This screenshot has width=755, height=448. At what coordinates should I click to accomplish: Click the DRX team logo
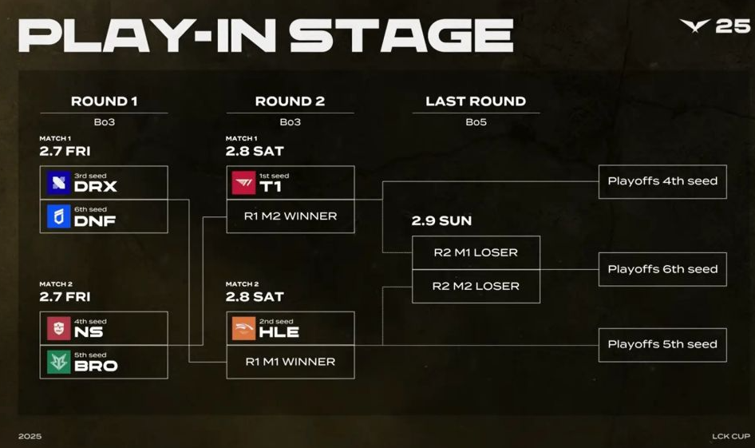tap(59, 183)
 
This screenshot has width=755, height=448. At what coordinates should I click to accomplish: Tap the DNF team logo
tap(59, 216)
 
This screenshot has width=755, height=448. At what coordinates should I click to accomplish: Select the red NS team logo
tap(59, 328)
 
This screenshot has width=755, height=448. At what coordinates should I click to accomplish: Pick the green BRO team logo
tap(59, 363)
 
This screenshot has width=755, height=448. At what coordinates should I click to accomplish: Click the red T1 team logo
tap(243, 183)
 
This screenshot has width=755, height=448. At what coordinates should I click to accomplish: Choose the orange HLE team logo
tap(243, 328)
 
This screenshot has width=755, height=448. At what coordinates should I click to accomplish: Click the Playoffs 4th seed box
tap(662, 181)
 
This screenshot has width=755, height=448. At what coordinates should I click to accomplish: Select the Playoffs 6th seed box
tap(662, 269)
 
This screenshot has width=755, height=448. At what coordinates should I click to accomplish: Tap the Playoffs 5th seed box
tap(662, 345)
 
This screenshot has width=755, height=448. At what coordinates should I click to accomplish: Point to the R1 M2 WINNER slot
tap(291, 216)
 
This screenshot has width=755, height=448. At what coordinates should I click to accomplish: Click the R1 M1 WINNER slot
tap(291, 362)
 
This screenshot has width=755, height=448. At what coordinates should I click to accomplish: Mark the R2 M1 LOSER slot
tap(476, 252)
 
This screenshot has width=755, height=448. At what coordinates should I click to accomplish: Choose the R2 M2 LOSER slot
tap(476, 286)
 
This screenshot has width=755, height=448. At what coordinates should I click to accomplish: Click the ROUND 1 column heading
tap(105, 101)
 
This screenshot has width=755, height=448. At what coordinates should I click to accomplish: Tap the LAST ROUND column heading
tap(476, 101)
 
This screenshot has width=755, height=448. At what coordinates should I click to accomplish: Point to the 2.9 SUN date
tap(441, 220)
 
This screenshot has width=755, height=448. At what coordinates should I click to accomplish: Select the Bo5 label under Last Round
tap(476, 122)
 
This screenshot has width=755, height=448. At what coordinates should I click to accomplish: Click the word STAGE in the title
tap(401, 35)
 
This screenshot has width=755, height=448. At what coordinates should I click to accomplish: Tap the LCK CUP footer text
tap(731, 436)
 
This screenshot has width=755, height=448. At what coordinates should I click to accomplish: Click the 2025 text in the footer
tap(30, 436)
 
